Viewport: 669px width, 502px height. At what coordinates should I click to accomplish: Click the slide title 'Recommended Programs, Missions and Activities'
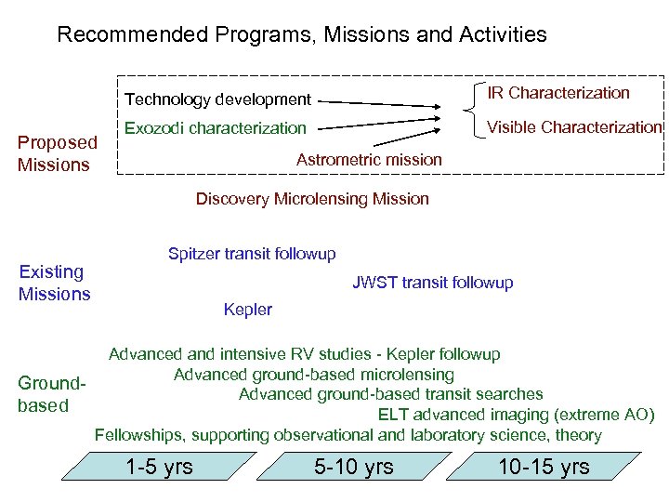pyautogui.click(x=302, y=35)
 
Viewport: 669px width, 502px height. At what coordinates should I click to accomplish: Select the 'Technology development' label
pyautogui.click(x=217, y=99)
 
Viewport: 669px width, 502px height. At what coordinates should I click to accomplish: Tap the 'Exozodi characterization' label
pyautogui.click(x=215, y=127)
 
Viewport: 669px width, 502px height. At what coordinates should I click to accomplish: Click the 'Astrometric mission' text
pyautogui.click(x=369, y=160)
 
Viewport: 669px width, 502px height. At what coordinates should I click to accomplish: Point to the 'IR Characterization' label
pyautogui.click(x=559, y=93)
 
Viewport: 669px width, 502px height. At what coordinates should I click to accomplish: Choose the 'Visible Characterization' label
pyautogui.click(x=574, y=127)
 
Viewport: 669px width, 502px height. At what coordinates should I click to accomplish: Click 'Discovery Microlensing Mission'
pyautogui.click(x=312, y=199)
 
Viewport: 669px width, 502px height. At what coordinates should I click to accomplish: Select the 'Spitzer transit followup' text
pyautogui.click(x=252, y=254)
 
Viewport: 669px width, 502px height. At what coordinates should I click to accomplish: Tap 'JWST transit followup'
pyautogui.click(x=432, y=283)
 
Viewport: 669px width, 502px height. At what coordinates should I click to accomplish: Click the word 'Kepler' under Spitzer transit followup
pyautogui.click(x=248, y=310)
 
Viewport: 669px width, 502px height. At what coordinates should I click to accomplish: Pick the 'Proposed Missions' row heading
pyautogui.click(x=58, y=153)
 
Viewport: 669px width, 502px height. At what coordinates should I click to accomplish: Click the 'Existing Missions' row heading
pyautogui.click(x=55, y=283)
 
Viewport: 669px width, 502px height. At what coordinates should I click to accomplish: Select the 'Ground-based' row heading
pyautogui.click(x=52, y=394)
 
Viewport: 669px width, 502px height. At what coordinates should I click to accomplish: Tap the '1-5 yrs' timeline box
pyautogui.click(x=160, y=467)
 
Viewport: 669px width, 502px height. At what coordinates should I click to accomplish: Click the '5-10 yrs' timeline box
pyautogui.click(x=353, y=467)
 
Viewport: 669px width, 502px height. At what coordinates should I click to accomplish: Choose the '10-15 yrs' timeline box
pyautogui.click(x=544, y=467)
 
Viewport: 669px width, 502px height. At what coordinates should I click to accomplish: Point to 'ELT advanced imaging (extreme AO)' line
pyautogui.click(x=516, y=415)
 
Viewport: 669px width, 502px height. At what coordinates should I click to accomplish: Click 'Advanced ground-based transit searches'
pyautogui.click(x=390, y=394)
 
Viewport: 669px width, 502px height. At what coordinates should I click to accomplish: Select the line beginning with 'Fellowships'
pyautogui.click(x=348, y=435)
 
